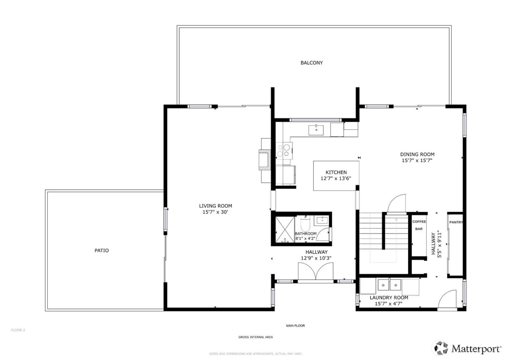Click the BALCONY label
pyautogui.click(x=312, y=63)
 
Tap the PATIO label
pyautogui.click(x=101, y=250)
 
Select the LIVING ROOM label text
pyautogui.click(x=215, y=206)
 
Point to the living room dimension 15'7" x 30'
pyautogui.click(x=215, y=212)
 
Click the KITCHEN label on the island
pyautogui.click(x=336, y=172)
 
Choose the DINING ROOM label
pyautogui.click(x=417, y=154)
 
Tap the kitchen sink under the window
pyautogui.click(x=317, y=129)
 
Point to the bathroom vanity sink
pyautogui.click(x=322, y=220)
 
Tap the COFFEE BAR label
pyautogui.click(x=419, y=225)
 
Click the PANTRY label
pyautogui.click(x=456, y=222)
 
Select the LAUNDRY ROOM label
pyautogui.click(x=389, y=297)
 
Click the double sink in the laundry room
pyautogui.click(x=389, y=285)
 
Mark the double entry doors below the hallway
pyautogui.click(x=316, y=272)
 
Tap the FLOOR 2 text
pyautogui.click(x=18, y=330)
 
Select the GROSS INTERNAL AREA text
pyautogui.click(x=255, y=337)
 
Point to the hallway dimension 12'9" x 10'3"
pyautogui.click(x=316, y=258)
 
